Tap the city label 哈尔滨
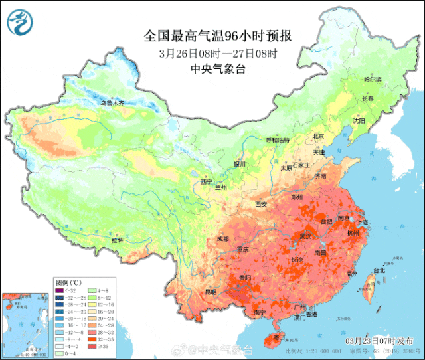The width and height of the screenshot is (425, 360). click(373, 79)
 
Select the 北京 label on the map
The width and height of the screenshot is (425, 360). click(318, 137)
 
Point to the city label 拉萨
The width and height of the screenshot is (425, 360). click(117, 240)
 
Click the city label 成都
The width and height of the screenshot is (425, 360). click(222, 239)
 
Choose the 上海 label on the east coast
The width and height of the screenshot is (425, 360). click(363, 222)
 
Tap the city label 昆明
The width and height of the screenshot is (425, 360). click(211, 291)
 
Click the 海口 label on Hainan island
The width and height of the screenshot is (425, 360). click(270, 337)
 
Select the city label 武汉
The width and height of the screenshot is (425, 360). click(306, 235)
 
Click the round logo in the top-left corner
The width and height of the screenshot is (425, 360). click(19, 23)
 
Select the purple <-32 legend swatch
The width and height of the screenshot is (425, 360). click(60, 290)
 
